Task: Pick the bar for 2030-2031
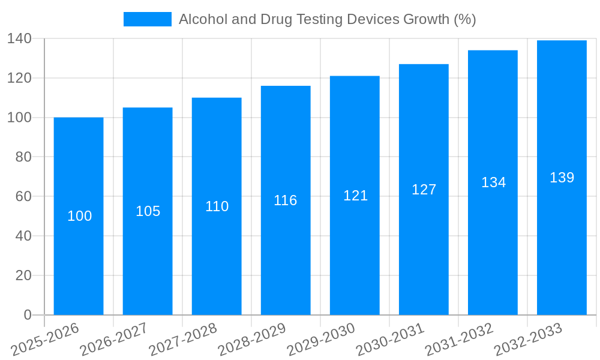tap(424, 252)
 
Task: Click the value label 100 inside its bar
tap(79, 216)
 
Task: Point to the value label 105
tap(148, 211)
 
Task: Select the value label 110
tap(217, 206)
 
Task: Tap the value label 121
tap(355, 196)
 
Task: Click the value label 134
tap(493, 182)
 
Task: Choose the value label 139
tap(562, 178)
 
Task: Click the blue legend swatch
tap(147, 19)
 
